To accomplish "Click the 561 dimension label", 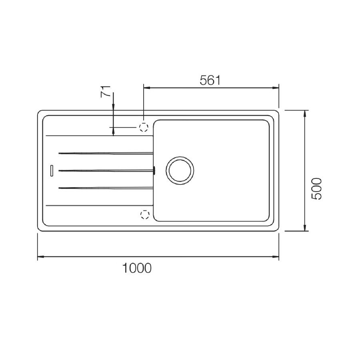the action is pyautogui.click(x=210, y=80).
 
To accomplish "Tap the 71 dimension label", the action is pyautogui.click(x=106, y=92).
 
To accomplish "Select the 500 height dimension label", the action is pyautogui.click(x=317, y=189).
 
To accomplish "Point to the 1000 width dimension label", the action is pyautogui.click(x=137, y=268).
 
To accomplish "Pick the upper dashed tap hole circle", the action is pyautogui.click(x=144, y=127).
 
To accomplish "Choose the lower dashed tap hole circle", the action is pyautogui.click(x=145, y=215).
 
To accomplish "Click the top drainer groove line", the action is pyautogui.click(x=106, y=153).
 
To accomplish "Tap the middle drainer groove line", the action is pyautogui.click(x=106, y=170).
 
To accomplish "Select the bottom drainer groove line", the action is pyautogui.click(x=106, y=188).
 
